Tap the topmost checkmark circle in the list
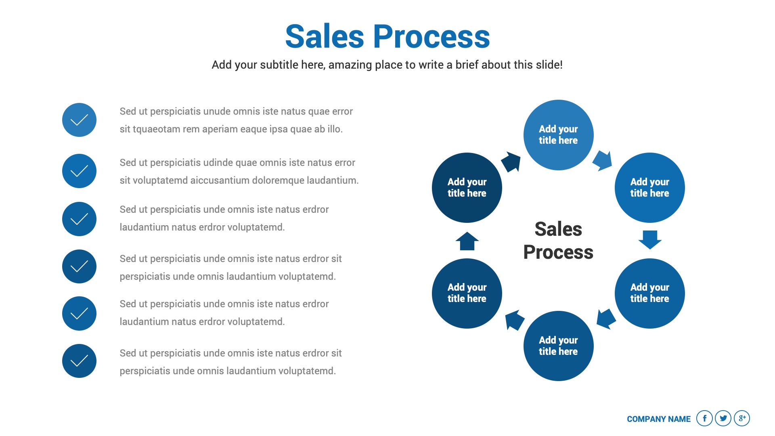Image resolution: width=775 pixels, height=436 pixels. click(x=79, y=120)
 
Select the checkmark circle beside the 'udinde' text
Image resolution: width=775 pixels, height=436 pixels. click(x=79, y=171)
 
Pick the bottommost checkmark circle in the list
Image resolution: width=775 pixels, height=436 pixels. click(x=79, y=361)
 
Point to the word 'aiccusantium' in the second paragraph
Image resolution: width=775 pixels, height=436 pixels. click(x=220, y=180)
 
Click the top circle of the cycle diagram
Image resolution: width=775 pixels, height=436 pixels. click(x=558, y=135)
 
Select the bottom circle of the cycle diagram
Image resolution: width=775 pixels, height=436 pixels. click(x=558, y=346)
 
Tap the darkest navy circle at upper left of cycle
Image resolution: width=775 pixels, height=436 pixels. click(x=467, y=188)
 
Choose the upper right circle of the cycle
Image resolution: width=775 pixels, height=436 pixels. click(x=649, y=188)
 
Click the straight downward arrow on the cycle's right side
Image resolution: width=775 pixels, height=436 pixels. click(x=650, y=239)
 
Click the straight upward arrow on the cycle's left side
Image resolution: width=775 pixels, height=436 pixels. click(x=467, y=241)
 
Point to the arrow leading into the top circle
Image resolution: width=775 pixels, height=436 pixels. click(x=511, y=162)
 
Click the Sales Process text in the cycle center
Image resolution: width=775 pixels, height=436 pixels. click(x=558, y=241)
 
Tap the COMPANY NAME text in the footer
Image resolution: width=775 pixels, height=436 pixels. click(x=659, y=419)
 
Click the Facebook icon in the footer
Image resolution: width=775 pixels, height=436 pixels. click(x=704, y=418)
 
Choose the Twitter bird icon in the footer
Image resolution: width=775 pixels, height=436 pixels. click(x=723, y=418)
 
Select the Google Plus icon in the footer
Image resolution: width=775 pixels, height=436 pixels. click(x=742, y=418)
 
